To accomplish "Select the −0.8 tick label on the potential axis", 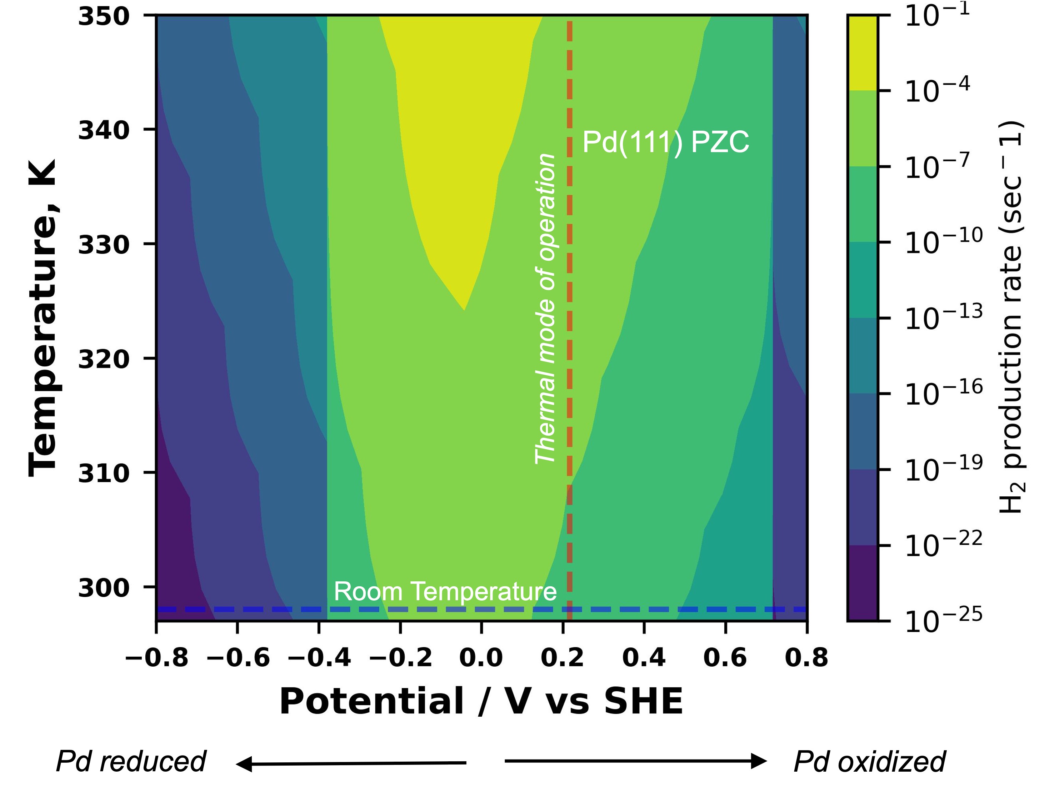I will tap(157, 658).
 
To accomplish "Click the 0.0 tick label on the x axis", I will tap(481, 658).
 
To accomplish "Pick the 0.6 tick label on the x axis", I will tap(725, 658).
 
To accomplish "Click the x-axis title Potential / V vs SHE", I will tap(481, 702).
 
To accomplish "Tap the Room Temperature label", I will tap(445, 592).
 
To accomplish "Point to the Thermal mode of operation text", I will tap(545, 309).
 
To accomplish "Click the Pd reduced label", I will tap(131, 761).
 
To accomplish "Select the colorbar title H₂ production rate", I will tap(1011, 318).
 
